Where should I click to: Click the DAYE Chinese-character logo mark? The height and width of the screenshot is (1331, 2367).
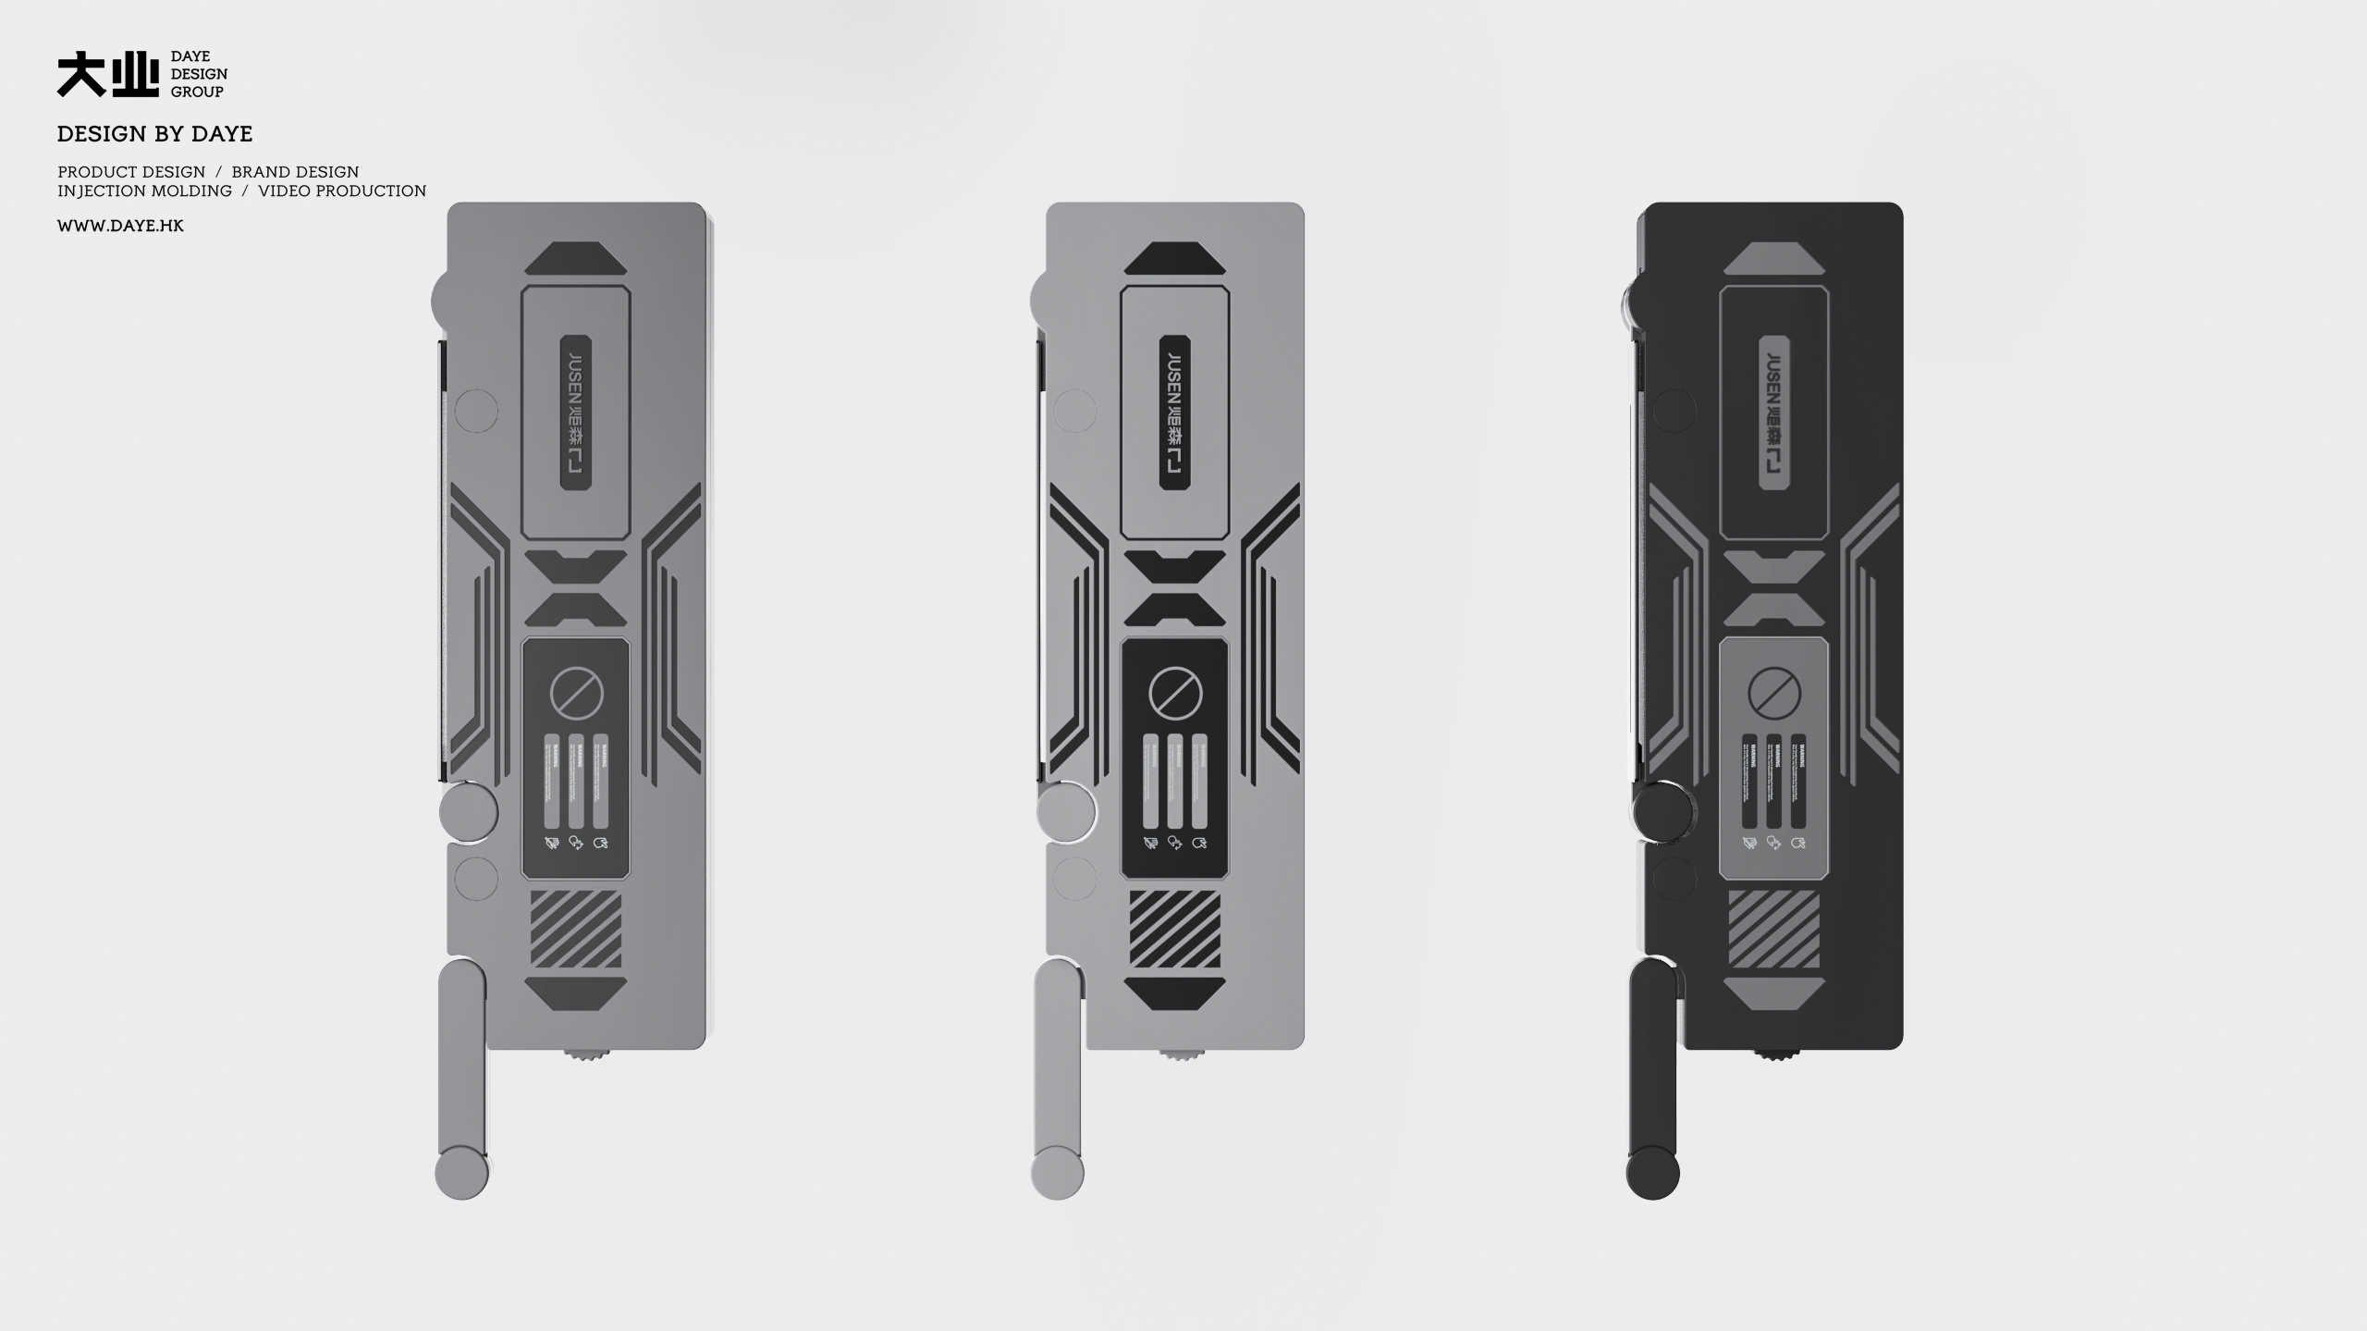[107, 75]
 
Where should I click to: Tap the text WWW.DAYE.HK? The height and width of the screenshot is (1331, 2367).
[120, 226]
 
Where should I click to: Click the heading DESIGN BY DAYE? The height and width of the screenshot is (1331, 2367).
[154, 134]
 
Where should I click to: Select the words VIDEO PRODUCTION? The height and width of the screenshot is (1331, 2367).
[342, 191]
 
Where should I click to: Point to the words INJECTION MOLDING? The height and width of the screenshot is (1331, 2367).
[144, 191]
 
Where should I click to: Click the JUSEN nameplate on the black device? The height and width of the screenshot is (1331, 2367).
[1773, 412]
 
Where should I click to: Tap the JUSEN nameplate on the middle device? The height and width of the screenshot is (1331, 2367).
[1174, 412]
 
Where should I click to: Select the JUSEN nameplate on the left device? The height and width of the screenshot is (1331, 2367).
[576, 412]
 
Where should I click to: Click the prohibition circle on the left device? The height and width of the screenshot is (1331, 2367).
[576, 693]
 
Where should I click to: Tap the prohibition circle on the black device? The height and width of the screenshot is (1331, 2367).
[1774, 693]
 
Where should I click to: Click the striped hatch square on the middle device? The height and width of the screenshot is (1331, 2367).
[1174, 929]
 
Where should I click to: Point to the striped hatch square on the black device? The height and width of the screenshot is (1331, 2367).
[1773, 929]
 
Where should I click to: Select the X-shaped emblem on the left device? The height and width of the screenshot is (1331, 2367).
[576, 587]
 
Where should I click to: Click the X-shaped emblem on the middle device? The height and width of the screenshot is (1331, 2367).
[1174, 587]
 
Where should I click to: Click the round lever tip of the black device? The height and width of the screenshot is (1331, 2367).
[1652, 1173]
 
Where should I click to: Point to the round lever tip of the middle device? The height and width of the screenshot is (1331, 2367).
[1057, 1173]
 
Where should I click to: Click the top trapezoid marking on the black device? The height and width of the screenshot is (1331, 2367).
[1773, 258]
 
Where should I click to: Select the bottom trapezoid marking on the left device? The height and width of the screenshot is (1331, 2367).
[576, 993]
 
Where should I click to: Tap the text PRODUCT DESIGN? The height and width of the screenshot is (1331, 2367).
[131, 172]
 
